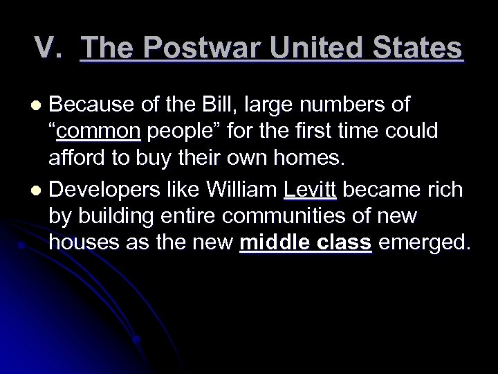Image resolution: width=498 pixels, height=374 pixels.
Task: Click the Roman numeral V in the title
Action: [x=44, y=49]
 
